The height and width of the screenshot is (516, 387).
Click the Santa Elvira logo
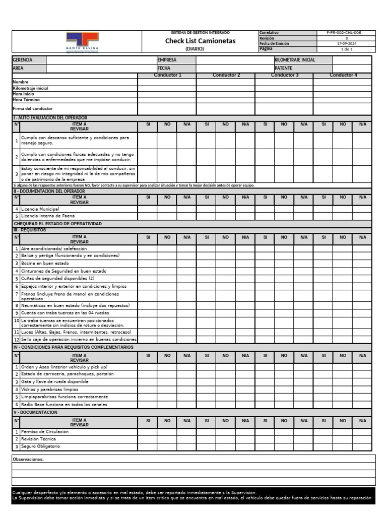coord(82,42)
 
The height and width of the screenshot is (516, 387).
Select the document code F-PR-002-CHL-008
coord(346,33)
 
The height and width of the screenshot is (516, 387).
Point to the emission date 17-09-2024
coord(346,44)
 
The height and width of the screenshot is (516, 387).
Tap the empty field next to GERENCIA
coord(100,60)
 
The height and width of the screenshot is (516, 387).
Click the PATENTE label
coord(283,68)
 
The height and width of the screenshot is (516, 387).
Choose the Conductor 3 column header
coord(284,75)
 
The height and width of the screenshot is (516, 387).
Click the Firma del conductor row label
coord(32,108)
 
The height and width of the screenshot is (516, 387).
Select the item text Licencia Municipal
coord(40,209)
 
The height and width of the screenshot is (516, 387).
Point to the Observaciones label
coord(28,459)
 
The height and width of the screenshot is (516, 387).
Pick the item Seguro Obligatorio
coord(40,446)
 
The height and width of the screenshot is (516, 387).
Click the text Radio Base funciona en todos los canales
coord(64,405)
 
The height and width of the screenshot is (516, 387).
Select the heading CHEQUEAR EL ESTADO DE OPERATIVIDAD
coord(57,223)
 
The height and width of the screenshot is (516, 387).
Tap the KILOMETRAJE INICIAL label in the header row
coord(295,60)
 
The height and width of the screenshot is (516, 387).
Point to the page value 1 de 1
coord(346,49)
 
